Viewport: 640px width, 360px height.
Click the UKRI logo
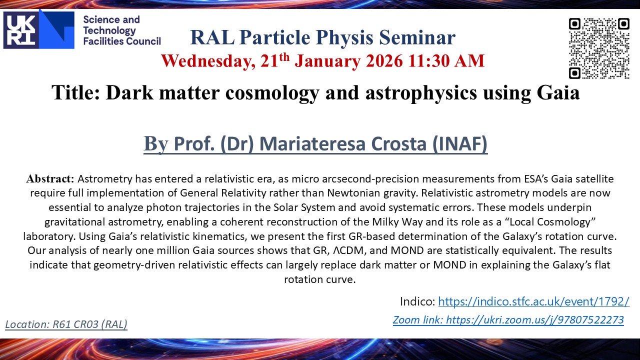(x=39, y=29)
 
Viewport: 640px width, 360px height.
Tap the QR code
(x=599, y=48)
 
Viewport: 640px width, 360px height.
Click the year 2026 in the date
(x=384, y=61)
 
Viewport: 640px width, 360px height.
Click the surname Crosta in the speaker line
(x=398, y=143)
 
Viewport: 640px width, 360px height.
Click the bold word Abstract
(x=50, y=179)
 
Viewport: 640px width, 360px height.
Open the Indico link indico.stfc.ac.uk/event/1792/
(x=533, y=301)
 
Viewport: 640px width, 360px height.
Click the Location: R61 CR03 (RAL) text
(x=66, y=324)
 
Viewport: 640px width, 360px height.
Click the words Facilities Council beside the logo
(x=122, y=41)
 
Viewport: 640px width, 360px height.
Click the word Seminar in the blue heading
(x=417, y=37)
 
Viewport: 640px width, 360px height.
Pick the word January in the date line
(x=327, y=61)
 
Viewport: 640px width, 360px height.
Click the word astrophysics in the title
(x=421, y=93)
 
